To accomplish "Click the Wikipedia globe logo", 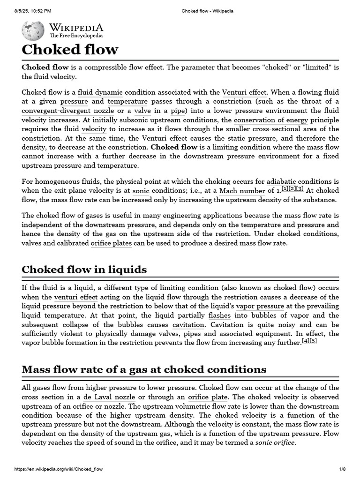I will (x=33, y=30).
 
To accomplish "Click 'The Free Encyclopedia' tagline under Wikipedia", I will (x=76, y=36).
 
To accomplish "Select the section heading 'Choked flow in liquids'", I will (x=84, y=270).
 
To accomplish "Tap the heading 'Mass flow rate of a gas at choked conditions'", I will (x=144, y=369).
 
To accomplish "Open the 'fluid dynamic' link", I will (x=100, y=92).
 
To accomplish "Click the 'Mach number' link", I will (x=242, y=191).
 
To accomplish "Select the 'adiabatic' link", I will (x=283, y=181).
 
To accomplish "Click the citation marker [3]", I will (x=300, y=188).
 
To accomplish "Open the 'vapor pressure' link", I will (x=260, y=306).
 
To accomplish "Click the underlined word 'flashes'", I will (x=219, y=315).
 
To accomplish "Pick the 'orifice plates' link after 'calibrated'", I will (x=112, y=243).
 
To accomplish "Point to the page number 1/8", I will (x=342, y=469).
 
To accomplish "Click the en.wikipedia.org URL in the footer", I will (x=59, y=469).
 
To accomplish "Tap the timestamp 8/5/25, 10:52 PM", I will (x=33, y=11).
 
